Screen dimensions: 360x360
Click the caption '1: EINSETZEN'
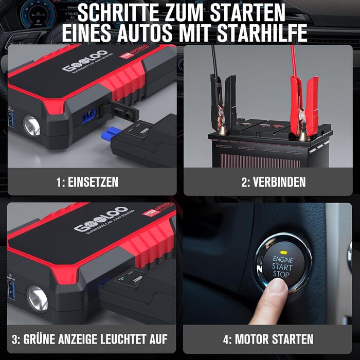coord(87,182)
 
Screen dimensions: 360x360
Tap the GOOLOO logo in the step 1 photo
coord(85,61)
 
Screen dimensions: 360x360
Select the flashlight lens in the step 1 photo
coord(32,125)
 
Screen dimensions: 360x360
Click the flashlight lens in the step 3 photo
coord(37,298)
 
